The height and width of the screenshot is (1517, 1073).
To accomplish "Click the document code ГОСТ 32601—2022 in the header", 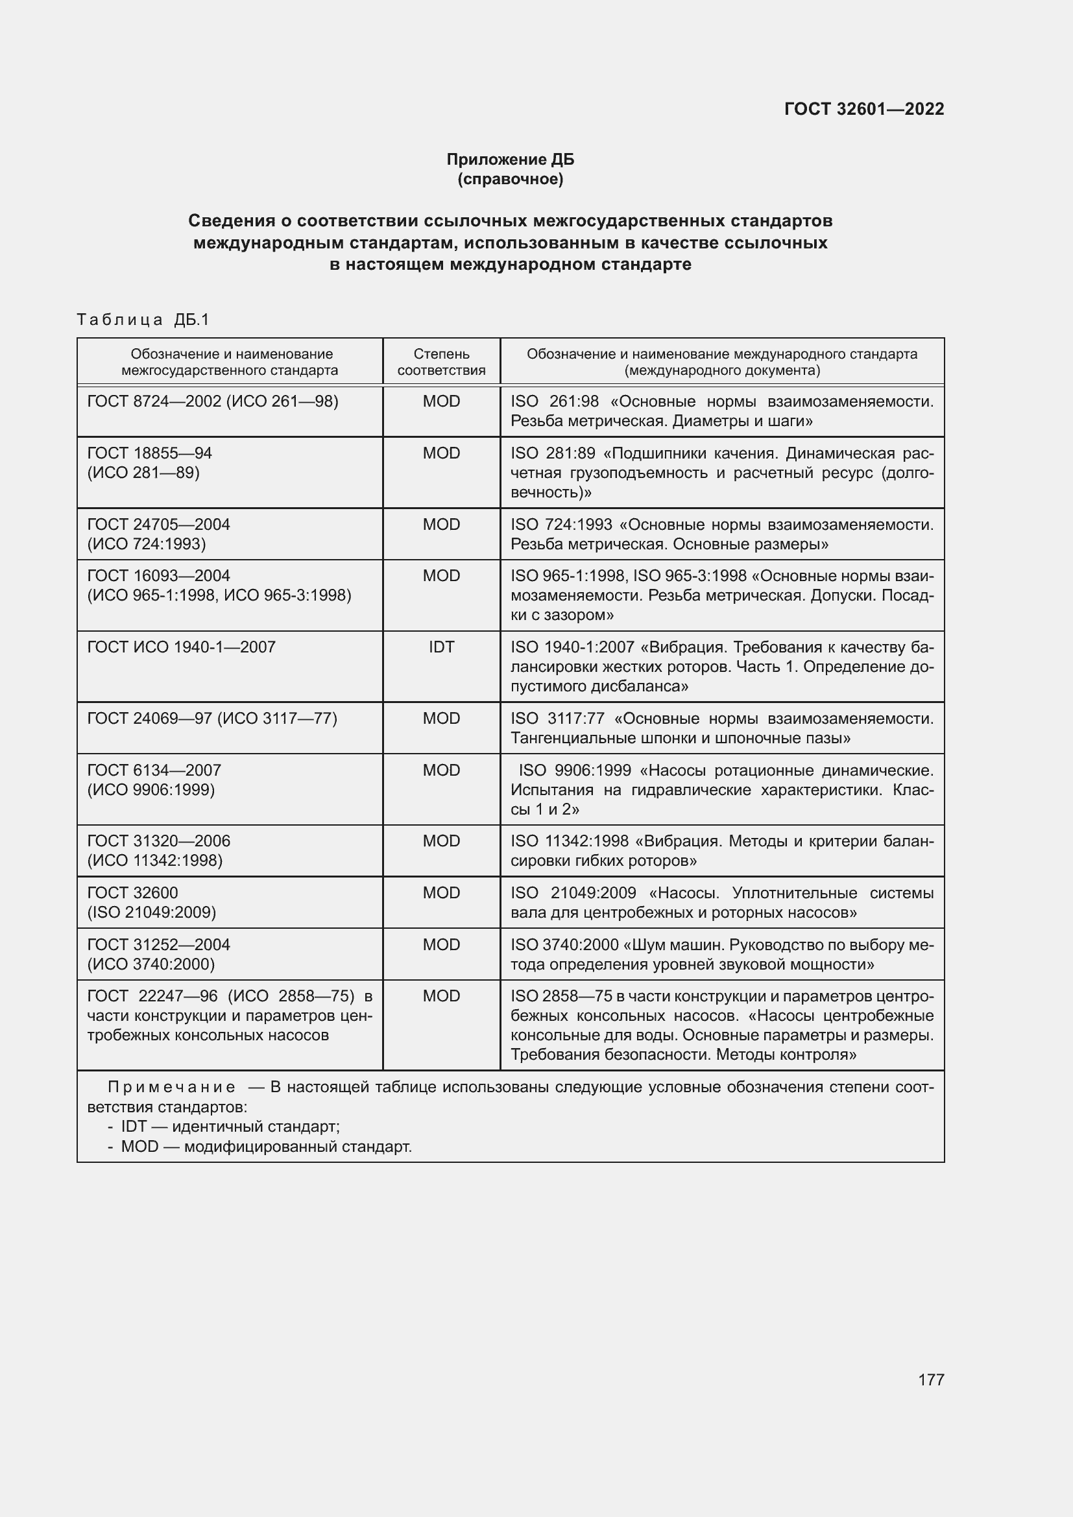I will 863,109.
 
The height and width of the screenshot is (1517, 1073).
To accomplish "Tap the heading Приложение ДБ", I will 510,160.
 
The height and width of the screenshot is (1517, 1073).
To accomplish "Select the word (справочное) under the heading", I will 510,179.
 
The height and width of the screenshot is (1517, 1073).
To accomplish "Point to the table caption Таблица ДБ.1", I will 143,320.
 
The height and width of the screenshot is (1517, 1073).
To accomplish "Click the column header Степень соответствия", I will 441,362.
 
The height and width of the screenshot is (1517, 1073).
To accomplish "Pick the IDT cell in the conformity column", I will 441,647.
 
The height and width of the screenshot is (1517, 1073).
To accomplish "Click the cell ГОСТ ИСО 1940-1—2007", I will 181,647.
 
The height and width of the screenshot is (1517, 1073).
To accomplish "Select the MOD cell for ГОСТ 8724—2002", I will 441,401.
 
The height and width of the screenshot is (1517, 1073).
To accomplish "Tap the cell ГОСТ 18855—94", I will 149,453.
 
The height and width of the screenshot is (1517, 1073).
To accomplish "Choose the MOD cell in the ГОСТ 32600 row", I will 441,892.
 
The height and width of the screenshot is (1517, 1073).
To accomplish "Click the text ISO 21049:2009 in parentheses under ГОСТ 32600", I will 151,913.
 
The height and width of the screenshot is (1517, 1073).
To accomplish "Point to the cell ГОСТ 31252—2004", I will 158,945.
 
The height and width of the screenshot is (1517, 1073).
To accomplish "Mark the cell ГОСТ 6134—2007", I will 154,770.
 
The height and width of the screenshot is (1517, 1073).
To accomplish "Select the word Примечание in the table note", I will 171,1087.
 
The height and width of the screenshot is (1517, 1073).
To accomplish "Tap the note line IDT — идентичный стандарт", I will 230,1127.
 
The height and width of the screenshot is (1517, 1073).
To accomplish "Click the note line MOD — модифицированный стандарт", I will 265,1146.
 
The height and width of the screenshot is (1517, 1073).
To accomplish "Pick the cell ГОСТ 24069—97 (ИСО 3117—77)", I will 212,718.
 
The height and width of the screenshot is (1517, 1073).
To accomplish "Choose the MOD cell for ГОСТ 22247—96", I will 441,996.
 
